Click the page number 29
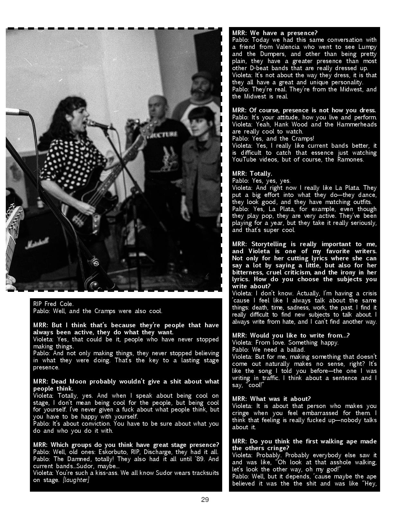tap(205, 500)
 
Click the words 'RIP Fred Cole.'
tap(53, 304)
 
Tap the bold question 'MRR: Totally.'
tap(252, 174)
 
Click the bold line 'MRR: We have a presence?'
tap(275, 33)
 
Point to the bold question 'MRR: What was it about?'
tap(271, 399)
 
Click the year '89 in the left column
tap(200, 459)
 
